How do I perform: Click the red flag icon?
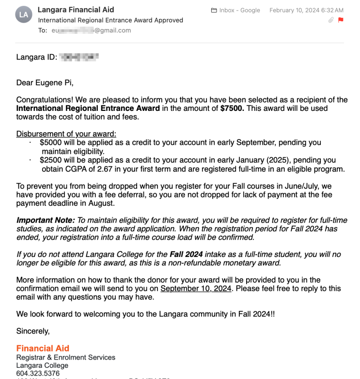[x=340, y=20]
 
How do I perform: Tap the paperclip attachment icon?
[x=330, y=20]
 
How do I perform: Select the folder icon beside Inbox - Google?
[x=214, y=10]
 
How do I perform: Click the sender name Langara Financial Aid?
[x=76, y=10]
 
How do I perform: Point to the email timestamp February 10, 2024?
[x=306, y=10]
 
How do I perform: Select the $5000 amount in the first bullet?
[x=50, y=143]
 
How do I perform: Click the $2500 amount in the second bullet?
[x=50, y=160]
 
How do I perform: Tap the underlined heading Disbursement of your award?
[x=66, y=134]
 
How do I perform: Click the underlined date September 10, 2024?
[x=196, y=288]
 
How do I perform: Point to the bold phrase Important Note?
[x=45, y=220]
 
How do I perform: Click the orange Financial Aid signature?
[x=43, y=348]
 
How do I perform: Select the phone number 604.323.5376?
[x=38, y=374]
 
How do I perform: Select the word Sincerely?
[x=33, y=331]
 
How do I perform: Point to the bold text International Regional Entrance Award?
[x=88, y=108]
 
